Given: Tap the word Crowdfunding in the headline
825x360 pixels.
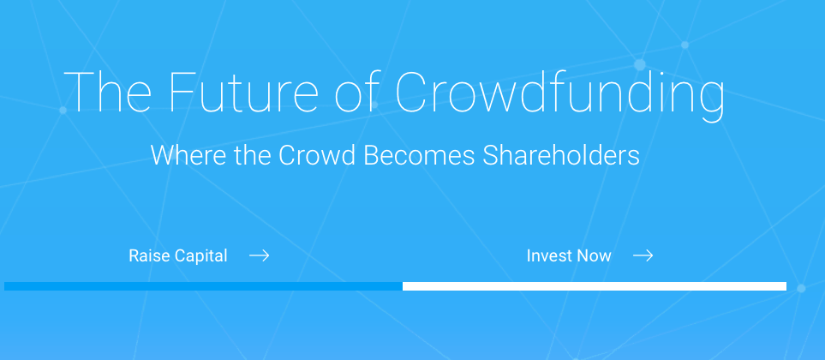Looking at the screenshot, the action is click(559, 94).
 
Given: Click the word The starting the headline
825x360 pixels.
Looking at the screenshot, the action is click(108, 91).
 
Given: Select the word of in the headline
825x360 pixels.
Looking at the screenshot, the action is click(356, 91).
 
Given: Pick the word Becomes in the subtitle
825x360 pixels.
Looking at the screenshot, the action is click(419, 155).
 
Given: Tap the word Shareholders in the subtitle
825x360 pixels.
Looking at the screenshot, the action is click(561, 155).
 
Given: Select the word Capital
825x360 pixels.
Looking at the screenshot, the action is click(201, 256).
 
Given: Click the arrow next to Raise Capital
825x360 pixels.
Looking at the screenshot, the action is click(260, 255).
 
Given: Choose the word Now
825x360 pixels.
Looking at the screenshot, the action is click(594, 255).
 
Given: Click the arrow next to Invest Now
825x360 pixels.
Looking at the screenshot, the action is click(643, 255).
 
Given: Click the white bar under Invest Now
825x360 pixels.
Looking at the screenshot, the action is click(595, 286).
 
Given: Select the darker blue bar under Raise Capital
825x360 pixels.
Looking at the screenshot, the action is click(203, 286).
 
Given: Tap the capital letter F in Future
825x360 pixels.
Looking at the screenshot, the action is click(182, 92).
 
